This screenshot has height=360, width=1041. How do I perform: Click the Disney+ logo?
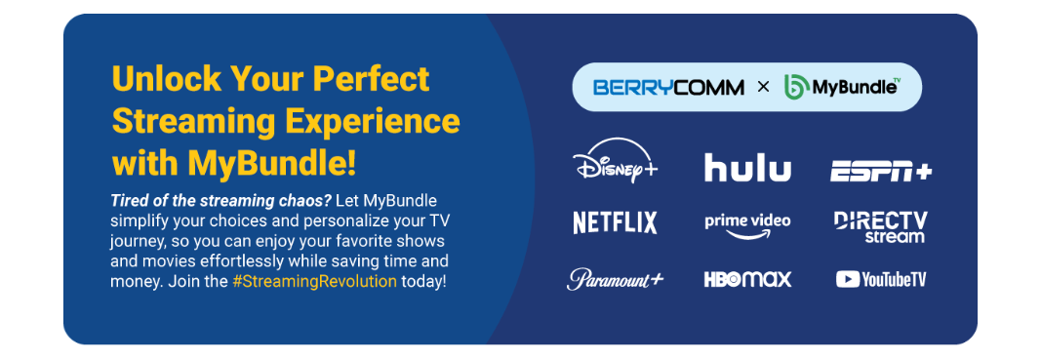coord(614,161)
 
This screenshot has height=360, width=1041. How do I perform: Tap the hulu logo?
coord(747,168)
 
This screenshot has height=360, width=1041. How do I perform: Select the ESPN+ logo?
coord(880,172)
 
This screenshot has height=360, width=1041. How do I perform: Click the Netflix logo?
coord(615,222)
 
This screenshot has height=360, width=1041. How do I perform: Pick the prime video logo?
coord(747,225)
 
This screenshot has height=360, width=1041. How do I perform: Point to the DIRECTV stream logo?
coord(880,227)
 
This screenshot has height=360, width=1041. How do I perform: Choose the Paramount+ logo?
coord(615,279)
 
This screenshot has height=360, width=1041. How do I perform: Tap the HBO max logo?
coord(747,279)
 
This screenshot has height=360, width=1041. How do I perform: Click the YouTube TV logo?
coord(880,280)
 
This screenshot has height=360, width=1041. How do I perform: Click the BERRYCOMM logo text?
coord(668,87)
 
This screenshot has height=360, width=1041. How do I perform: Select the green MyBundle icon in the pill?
coord(795,87)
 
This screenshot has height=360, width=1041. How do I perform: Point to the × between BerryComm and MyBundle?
coord(764,87)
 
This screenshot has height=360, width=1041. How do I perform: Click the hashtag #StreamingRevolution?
coord(315,281)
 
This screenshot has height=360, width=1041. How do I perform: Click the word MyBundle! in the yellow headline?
coord(271,163)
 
